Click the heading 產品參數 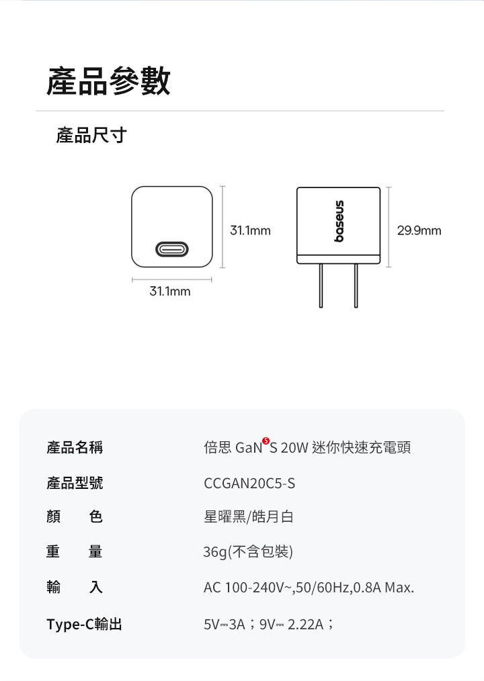(108, 81)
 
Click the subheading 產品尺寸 (91, 136)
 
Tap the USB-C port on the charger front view (172, 250)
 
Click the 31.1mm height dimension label (250, 231)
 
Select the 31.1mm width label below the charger (169, 291)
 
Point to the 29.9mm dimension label (419, 231)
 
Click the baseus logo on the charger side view (339, 221)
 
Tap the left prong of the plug (321, 285)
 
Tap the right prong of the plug (356, 285)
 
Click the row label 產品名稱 (75, 447)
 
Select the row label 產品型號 (75, 483)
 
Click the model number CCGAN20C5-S (249, 484)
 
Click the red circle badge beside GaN (266, 441)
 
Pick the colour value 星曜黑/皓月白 (249, 517)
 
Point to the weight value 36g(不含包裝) (248, 552)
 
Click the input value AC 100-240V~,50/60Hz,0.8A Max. (309, 588)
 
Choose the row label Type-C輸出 (85, 625)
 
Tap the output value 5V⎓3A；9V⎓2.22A (269, 625)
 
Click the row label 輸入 (75, 588)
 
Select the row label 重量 (75, 552)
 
